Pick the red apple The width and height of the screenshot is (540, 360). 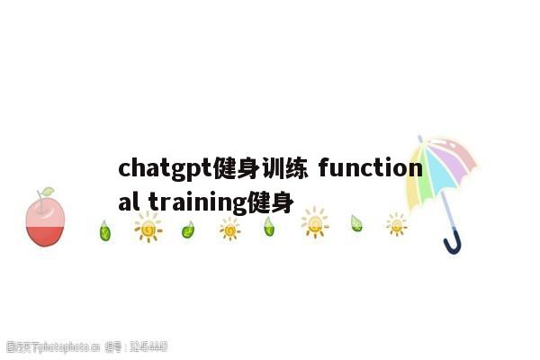pyautogui.click(x=45, y=221)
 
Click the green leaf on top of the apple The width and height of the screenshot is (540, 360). pyautogui.click(x=46, y=192)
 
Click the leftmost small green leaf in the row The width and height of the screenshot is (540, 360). pyautogui.click(x=104, y=231)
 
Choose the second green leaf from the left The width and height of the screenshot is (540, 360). pyautogui.click(x=187, y=230)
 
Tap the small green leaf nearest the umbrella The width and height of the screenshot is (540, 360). pyautogui.click(x=356, y=223)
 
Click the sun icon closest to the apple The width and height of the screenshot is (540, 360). pyautogui.click(x=148, y=229)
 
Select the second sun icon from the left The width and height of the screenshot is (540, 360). pyautogui.click(x=229, y=229)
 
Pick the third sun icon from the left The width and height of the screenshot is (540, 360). pyautogui.click(x=314, y=222)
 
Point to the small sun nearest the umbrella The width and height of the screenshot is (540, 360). pyautogui.click(x=396, y=224)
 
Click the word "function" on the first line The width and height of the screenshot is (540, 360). pyautogui.click(x=369, y=168)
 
